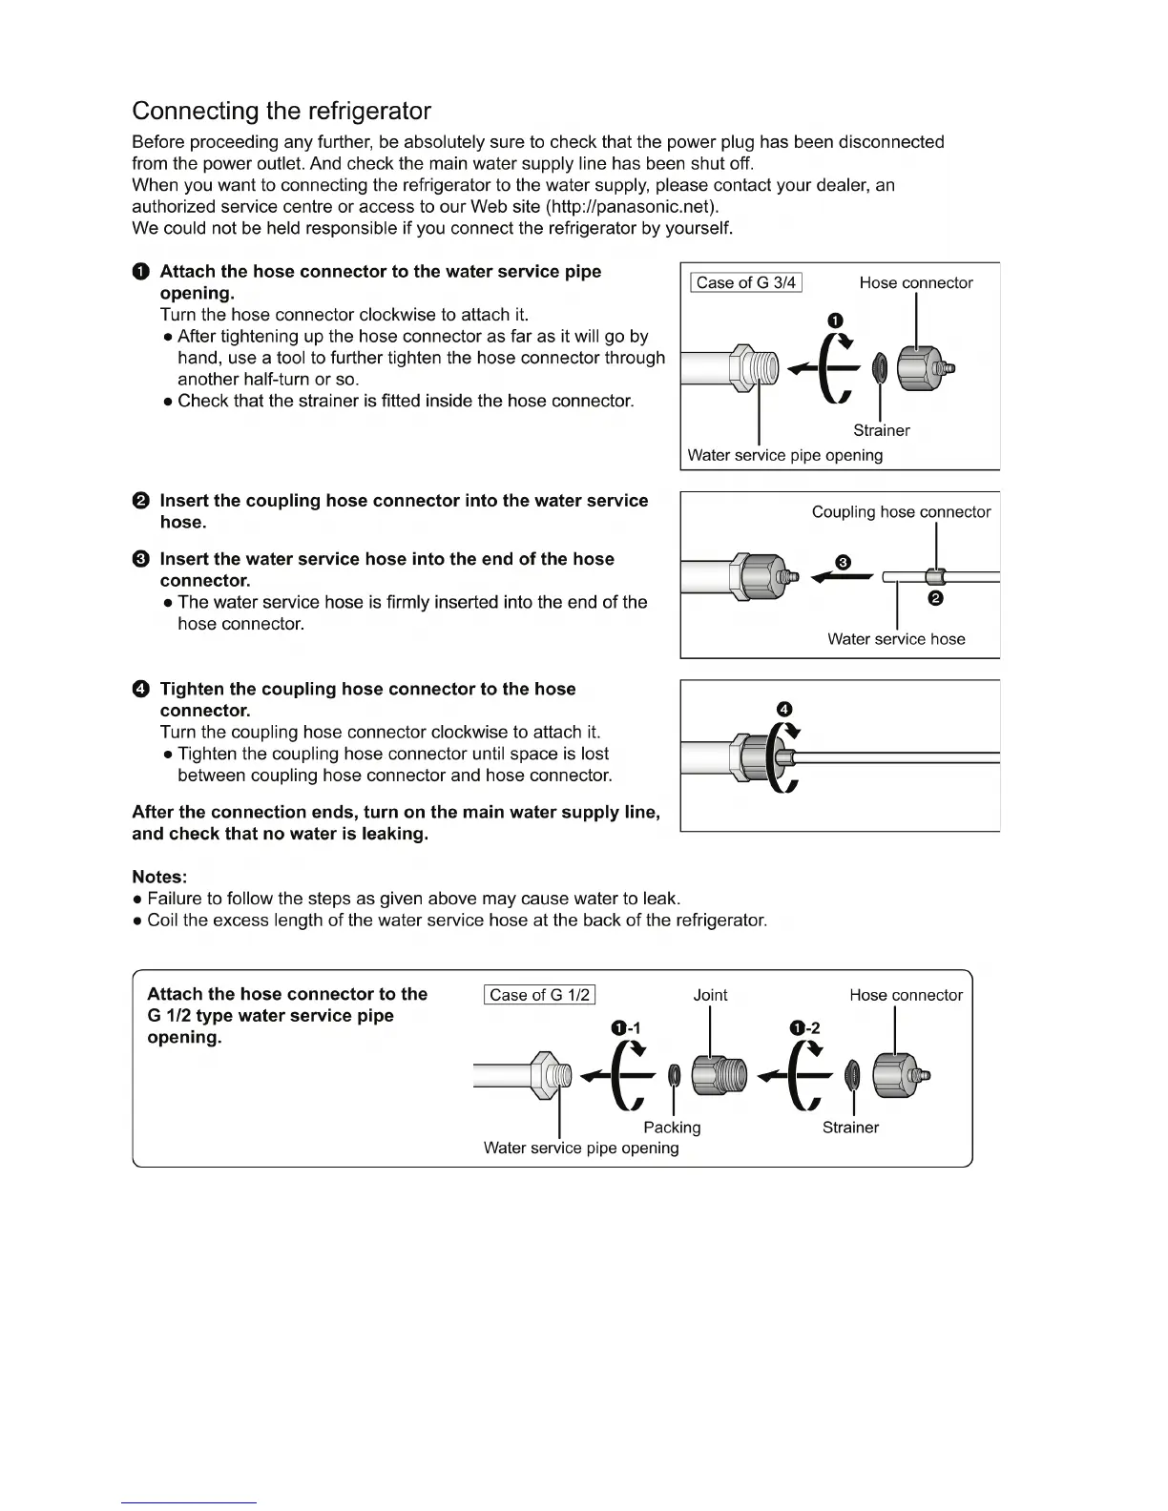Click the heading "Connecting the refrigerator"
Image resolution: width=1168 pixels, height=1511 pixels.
[282, 112]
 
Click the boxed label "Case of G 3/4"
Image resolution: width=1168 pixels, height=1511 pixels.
[745, 282]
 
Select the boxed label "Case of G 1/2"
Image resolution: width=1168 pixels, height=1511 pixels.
[539, 995]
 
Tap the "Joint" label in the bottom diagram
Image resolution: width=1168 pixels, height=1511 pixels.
[710, 995]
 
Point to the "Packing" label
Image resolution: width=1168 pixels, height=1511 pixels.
[672, 1128]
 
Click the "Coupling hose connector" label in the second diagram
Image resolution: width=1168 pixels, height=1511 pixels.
[901, 512]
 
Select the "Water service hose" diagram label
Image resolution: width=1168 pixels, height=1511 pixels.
[896, 639]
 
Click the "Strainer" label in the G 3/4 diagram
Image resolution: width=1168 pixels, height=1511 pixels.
[881, 430]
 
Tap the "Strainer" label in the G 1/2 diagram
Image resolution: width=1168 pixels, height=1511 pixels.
[850, 1128]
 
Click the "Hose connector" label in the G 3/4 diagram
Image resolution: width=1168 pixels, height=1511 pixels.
[916, 282]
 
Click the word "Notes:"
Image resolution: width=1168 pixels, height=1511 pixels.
[159, 877]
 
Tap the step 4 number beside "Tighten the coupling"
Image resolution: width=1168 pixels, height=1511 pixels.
[141, 689]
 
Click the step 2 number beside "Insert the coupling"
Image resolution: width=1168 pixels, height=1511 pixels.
[141, 501]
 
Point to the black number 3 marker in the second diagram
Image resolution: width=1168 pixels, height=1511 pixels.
[843, 562]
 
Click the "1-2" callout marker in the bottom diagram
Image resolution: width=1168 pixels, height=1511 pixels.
[804, 1028]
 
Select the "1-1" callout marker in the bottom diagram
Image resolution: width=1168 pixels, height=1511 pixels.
[626, 1028]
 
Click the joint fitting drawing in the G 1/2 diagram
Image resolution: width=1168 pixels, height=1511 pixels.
[720, 1076]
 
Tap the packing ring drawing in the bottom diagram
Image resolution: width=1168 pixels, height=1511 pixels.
[675, 1076]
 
